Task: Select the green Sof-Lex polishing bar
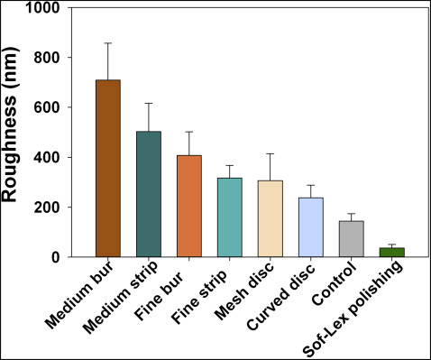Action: tap(391, 252)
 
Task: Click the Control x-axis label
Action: tap(331, 288)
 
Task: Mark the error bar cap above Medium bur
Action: tap(108, 43)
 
